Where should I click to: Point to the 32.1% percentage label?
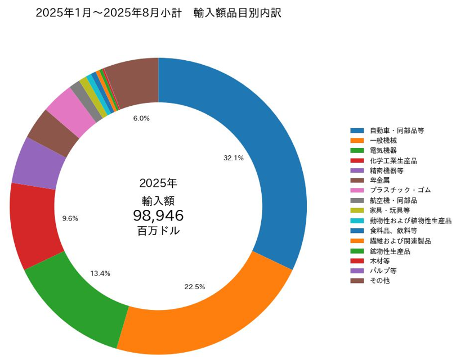(233, 158)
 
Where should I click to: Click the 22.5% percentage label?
(194, 287)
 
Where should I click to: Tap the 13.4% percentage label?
(100, 273)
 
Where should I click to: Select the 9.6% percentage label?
(70, 218)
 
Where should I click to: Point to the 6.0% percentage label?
(141, 118)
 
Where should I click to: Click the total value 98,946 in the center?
(158, 215)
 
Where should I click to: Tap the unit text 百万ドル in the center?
(158, 231)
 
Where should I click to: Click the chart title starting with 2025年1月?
(158, 13)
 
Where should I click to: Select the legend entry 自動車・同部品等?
(396, 130)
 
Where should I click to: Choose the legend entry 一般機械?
(383, 141)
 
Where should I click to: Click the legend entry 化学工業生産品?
(393, 161)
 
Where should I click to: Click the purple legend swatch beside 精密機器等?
(357, 170)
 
